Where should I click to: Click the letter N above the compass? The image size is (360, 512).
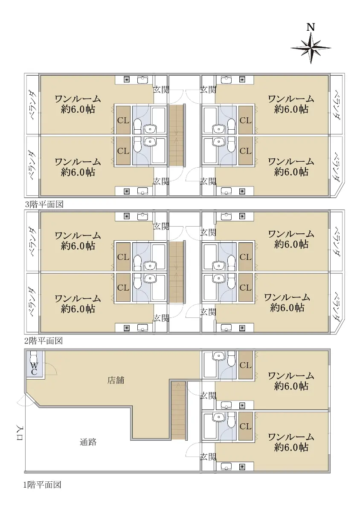point(311,27)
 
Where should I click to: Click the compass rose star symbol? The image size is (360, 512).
point(311,48)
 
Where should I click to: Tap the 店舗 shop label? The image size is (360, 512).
point(116,380)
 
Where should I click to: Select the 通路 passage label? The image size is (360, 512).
point(88,442)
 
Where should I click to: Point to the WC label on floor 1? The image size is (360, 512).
point(34,368)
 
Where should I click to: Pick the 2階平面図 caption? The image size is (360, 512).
point(44,341)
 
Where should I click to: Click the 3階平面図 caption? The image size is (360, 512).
point(44,204)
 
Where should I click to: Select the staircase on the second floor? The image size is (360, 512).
point(177,272)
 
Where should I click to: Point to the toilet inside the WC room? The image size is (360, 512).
point(34,356)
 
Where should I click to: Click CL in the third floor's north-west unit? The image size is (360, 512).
point(123,120)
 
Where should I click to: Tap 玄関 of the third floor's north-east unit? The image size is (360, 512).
point(208,90)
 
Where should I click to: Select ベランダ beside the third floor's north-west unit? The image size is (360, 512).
point(33,105)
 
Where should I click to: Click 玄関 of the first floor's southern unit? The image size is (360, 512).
point(208,457)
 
